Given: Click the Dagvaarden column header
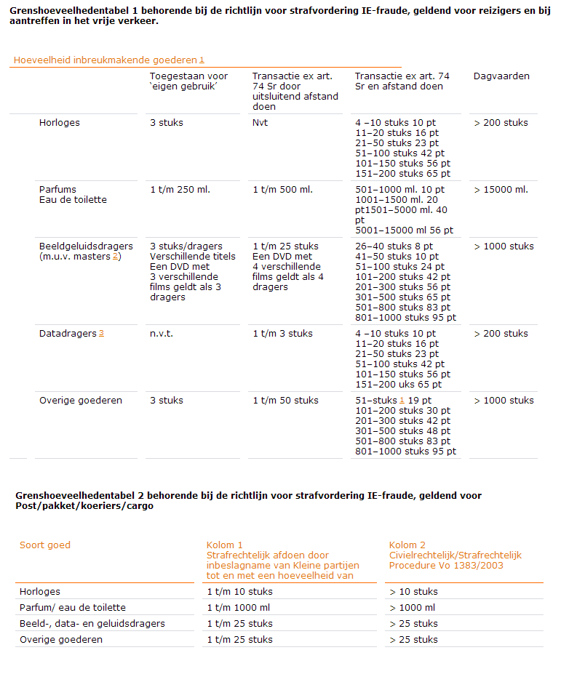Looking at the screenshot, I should point(501,76).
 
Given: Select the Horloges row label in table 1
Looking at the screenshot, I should point(60,123).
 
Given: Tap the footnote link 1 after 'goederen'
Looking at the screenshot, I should point(202,60).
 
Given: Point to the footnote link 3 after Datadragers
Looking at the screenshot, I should point(101,334).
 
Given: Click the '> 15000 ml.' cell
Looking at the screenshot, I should point(501,190).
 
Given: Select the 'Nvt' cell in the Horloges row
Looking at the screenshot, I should point(260,123).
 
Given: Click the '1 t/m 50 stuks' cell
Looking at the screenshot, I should point(285,401).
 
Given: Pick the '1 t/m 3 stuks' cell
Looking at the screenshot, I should point(282,334).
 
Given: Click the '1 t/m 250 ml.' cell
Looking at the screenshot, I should point(180,190).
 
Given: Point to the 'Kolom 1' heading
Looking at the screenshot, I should point(225,545).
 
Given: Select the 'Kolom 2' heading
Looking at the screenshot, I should point(407,545).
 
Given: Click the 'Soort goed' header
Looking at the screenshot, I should point(45,545).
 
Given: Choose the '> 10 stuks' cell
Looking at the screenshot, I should point(413,592).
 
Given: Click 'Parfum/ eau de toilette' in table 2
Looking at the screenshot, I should point(73,608).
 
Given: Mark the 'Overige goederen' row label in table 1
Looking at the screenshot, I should point(80,401).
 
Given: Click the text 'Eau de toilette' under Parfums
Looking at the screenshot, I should point(73,200).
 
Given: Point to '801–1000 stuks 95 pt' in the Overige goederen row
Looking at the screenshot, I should point(405,452).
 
